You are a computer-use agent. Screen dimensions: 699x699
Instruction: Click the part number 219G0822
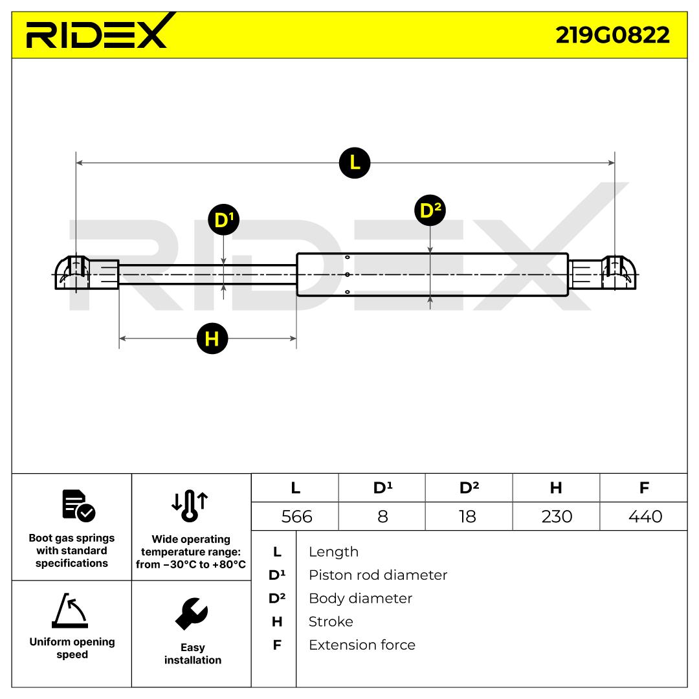(x=612, y=35)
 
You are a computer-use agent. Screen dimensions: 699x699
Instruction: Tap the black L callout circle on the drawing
(x=355, y=162)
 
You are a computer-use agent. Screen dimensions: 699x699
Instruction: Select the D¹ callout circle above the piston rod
(x=224, y=220)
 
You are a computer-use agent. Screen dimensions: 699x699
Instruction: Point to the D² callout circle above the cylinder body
(x=430, y=210)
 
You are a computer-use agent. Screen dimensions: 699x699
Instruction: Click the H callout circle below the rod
(x=212, y=338)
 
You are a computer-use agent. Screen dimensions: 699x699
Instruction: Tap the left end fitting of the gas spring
(x=87, y=273)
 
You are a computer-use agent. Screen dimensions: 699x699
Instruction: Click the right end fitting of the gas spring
(x=603, y=273)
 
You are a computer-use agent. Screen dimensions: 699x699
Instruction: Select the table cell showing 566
(x=295, y=516)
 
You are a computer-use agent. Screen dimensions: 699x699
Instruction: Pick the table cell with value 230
(x=557, y=516)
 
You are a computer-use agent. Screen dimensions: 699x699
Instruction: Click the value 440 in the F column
(x=645, y=516)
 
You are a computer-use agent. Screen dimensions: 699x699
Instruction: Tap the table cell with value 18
(x=469, y=516)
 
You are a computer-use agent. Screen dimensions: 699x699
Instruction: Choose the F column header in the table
(x=644, y=488)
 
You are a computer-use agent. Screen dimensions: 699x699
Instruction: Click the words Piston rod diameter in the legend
(x=377, y=575)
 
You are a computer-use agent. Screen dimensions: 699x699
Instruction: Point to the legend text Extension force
(x=362, y=645)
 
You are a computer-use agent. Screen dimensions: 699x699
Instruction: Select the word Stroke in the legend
(x=331, y=621)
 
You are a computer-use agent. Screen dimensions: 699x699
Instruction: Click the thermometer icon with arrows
(x=190, y=506)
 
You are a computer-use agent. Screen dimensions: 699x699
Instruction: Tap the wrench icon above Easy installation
(x=192, y=614)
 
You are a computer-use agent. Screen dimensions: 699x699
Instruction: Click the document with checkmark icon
(x=78, y=506)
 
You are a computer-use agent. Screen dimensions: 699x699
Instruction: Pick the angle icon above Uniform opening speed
(x=70, y=610)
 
